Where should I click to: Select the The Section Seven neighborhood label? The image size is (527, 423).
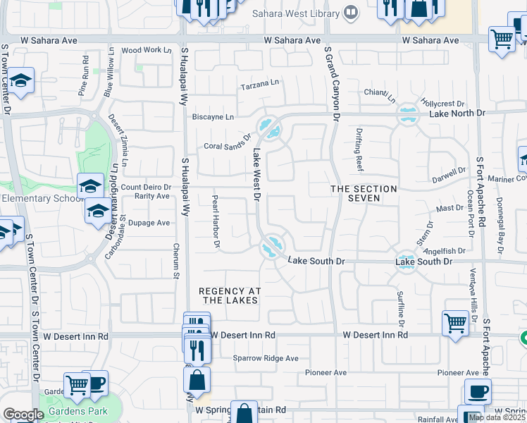pyautogui.click(x=364, y=193)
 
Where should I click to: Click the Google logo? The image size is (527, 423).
pyautogui.click(x=23, y=415)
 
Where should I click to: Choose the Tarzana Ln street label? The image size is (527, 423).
pyautogui.click(x=260, y=83)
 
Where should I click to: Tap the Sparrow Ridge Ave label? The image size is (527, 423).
pyautogui.click(x=266, y=358)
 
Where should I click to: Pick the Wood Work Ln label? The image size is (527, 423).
pyautogui.click(x=147, y=50)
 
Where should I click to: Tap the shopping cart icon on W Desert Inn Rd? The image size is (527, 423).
pyautogui.click(x=456, y=324)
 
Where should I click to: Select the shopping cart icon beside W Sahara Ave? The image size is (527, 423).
pyautogui.click(x=502, y=39)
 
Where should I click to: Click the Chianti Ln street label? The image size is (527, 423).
pyautogui.click(x=380, y=92)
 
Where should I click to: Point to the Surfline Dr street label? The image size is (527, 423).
pyautogui.click(x=399, y=304)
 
